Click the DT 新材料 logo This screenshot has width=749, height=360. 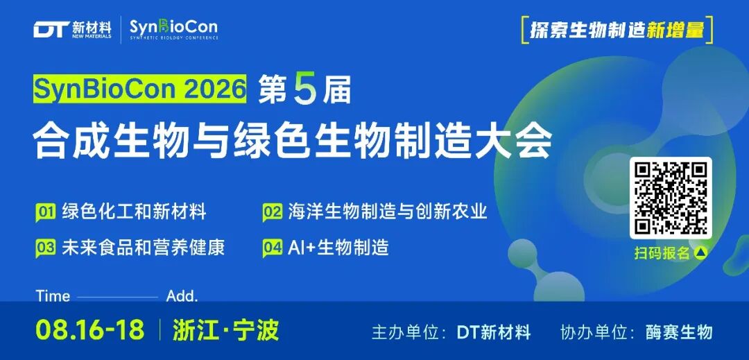coord(73,30)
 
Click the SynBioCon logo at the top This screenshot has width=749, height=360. coord(174,30)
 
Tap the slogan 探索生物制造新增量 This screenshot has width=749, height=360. coord(617,30)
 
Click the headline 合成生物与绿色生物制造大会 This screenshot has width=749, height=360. coord(293,140)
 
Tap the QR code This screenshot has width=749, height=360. coord(671,198)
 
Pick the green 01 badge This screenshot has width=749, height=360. coord(45,212)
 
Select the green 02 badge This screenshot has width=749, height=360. coord(273,212)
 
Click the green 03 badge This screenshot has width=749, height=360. coord(45,249)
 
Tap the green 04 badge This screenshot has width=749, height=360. coord(273,249)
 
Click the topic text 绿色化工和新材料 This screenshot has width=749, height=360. coord(135,211)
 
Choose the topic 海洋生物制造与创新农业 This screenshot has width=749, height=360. coord(388,211)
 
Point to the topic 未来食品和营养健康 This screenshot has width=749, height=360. coord(144,248)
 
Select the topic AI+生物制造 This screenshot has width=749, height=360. coord(338,248)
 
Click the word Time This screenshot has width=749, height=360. coord(53,296)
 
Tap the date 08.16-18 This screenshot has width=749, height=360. coord(89,330)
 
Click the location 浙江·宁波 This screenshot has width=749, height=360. coord(226,330)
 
